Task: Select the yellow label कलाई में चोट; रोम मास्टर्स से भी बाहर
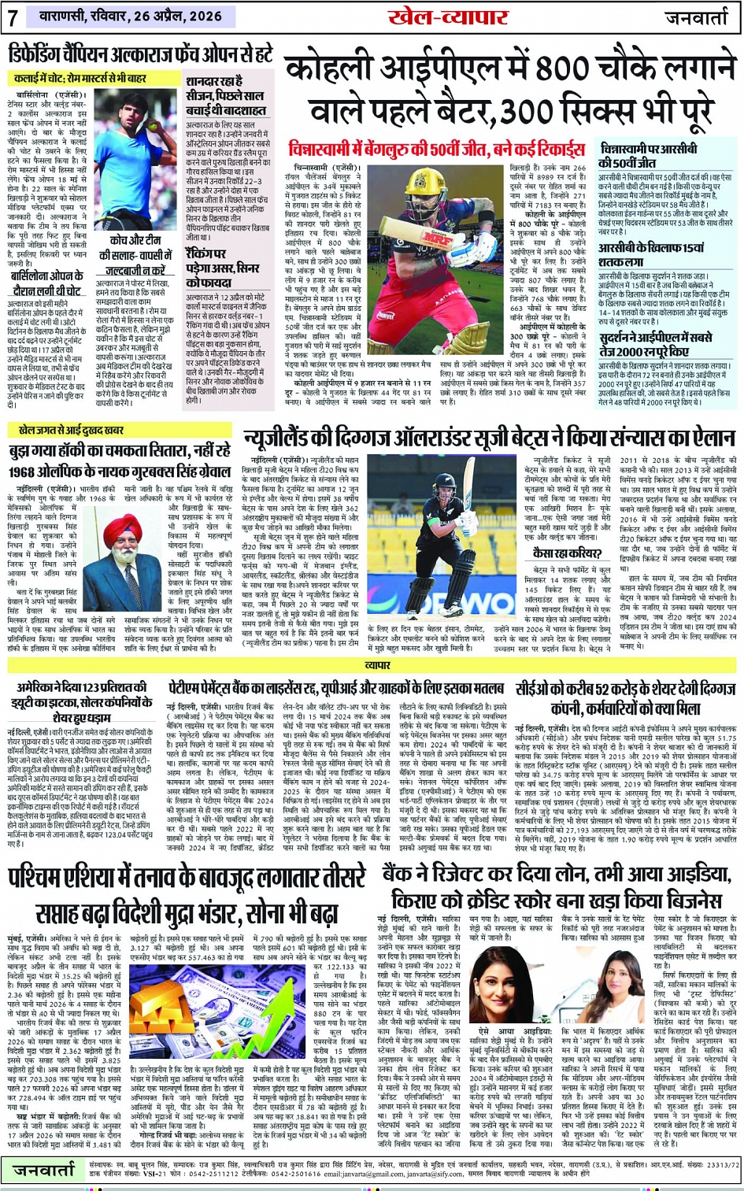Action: (x=80, y=79)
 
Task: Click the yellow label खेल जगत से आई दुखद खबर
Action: (x=71, y=431)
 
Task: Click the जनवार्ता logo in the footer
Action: (x=44, y=1171)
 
